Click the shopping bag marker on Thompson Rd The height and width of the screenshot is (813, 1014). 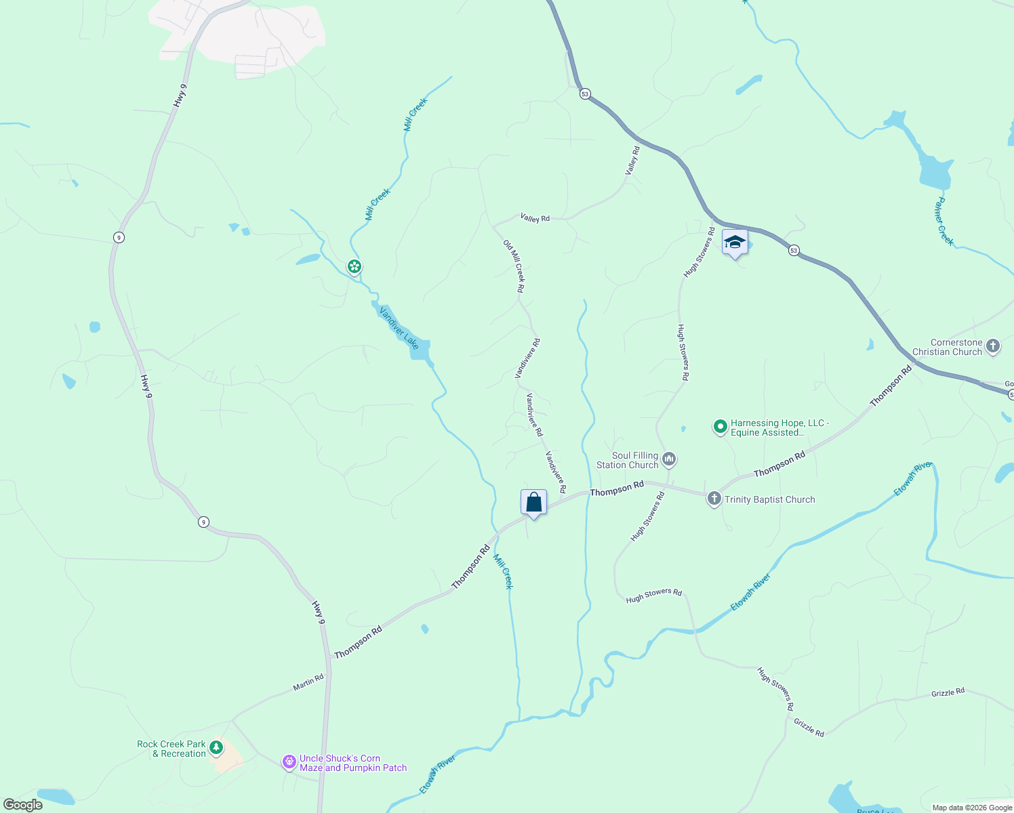(x=533, y=503)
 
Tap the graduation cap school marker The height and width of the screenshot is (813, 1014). (x=735, y=243)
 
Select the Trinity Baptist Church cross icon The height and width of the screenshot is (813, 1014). (x=714, y=499)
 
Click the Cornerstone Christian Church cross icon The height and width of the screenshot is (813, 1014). (x=992, y=347)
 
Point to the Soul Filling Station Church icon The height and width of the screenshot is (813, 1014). (x=669, y=460)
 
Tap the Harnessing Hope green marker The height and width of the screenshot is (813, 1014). (x=720, y=427)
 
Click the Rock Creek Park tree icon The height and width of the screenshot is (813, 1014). (x=216, y=748)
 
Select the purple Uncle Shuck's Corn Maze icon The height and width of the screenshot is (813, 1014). (x=289, y=762)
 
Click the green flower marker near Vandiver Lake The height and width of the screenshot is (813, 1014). (x=354, y=267)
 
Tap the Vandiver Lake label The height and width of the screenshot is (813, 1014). (x=399, y=328)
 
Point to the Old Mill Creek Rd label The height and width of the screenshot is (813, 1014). (x=513, y=266)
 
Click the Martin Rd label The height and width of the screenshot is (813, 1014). (x=308, y=682)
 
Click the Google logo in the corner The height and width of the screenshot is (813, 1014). (x=23, y=805)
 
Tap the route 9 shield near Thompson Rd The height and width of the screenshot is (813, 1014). (x=203, y=522)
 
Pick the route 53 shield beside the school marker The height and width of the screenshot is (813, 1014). (x=794, y=251)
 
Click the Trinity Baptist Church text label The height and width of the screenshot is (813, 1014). (x=769, y=499)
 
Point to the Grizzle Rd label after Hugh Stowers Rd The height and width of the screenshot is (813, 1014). (x=809, y=728)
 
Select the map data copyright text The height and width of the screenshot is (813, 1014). (x=972, y=808)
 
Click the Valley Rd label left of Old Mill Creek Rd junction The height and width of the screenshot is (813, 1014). (x=535, y=217)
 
